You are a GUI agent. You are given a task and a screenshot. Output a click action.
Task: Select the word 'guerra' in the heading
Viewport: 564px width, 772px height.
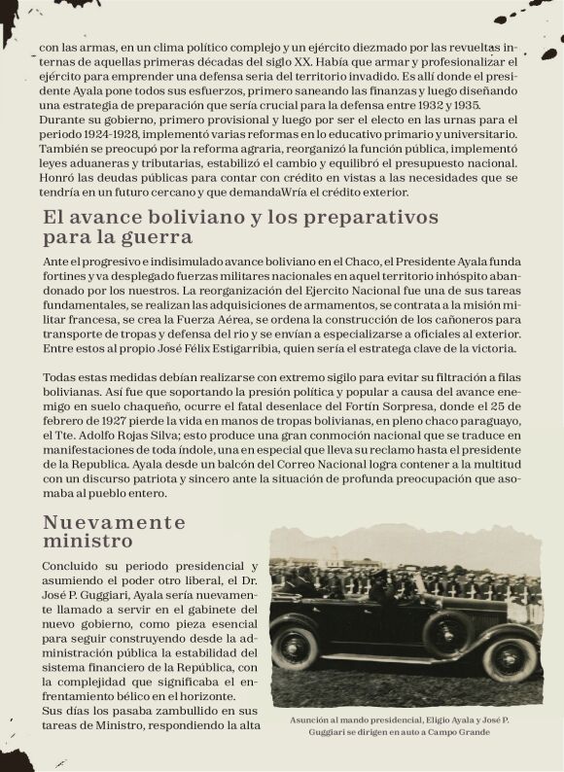(x=159, y=236)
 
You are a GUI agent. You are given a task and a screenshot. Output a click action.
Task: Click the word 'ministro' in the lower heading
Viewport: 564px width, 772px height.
(x=88, y=541)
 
